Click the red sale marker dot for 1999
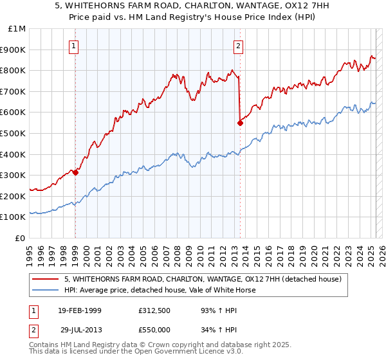[x=75, y=172]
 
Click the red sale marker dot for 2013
[x=240, y=123]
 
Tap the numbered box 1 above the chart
[x=75, y=46]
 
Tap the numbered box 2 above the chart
[x=238, y=46]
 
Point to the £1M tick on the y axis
[x=17, y=29]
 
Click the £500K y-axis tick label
[x=14, y=133]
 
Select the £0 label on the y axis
[x=21, y=238]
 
